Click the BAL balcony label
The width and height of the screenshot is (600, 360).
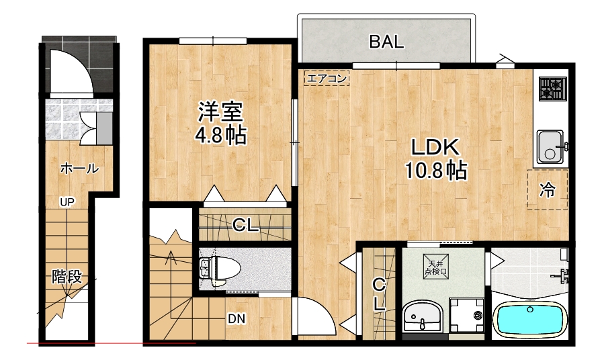pos(386,42)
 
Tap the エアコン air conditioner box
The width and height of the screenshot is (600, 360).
pos(327,78)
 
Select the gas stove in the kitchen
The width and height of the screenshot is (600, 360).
pos(552,89)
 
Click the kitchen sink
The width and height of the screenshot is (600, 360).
pos(552,146)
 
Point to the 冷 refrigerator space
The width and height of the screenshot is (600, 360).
pos(547,190)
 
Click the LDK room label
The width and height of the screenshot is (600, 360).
pos(435,147)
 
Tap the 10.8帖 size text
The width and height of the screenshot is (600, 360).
pos(436,171)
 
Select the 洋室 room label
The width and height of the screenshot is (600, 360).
pos(220,111)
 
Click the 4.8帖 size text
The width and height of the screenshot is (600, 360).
pos(221,135)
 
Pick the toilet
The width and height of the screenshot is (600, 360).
pos(219,269)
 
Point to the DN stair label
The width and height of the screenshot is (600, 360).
pos(237,318)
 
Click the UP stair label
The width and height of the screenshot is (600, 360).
pos(67,202)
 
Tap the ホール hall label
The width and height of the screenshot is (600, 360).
pos(79,169)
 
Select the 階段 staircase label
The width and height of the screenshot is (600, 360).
pos(67,276)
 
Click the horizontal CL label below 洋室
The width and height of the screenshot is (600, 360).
pos(245,225)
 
